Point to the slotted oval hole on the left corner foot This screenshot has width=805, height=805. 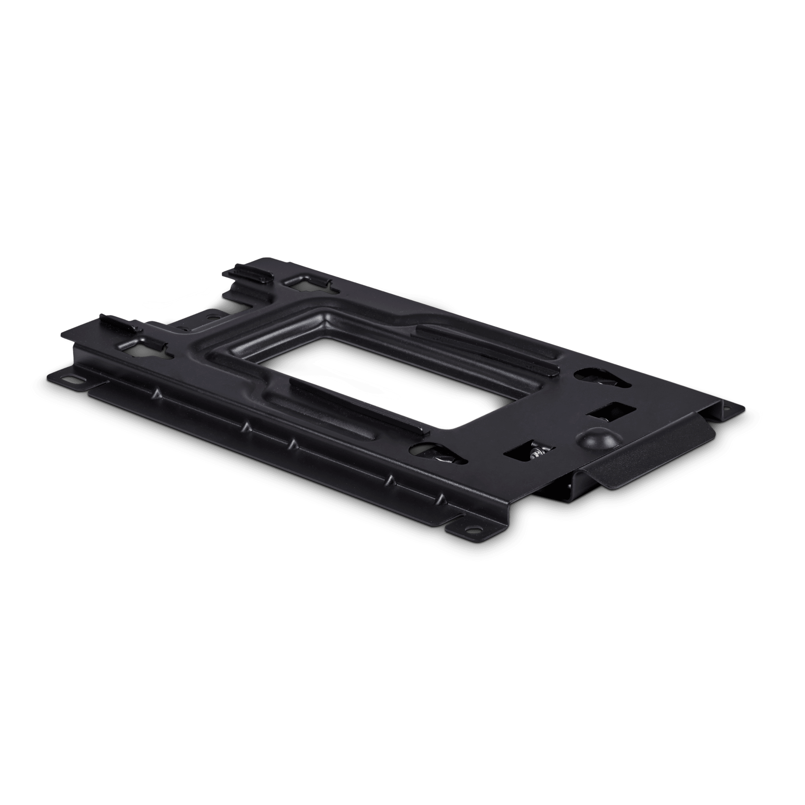[x=74, y=379]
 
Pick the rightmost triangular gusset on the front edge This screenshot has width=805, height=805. [x=441, y=499]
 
